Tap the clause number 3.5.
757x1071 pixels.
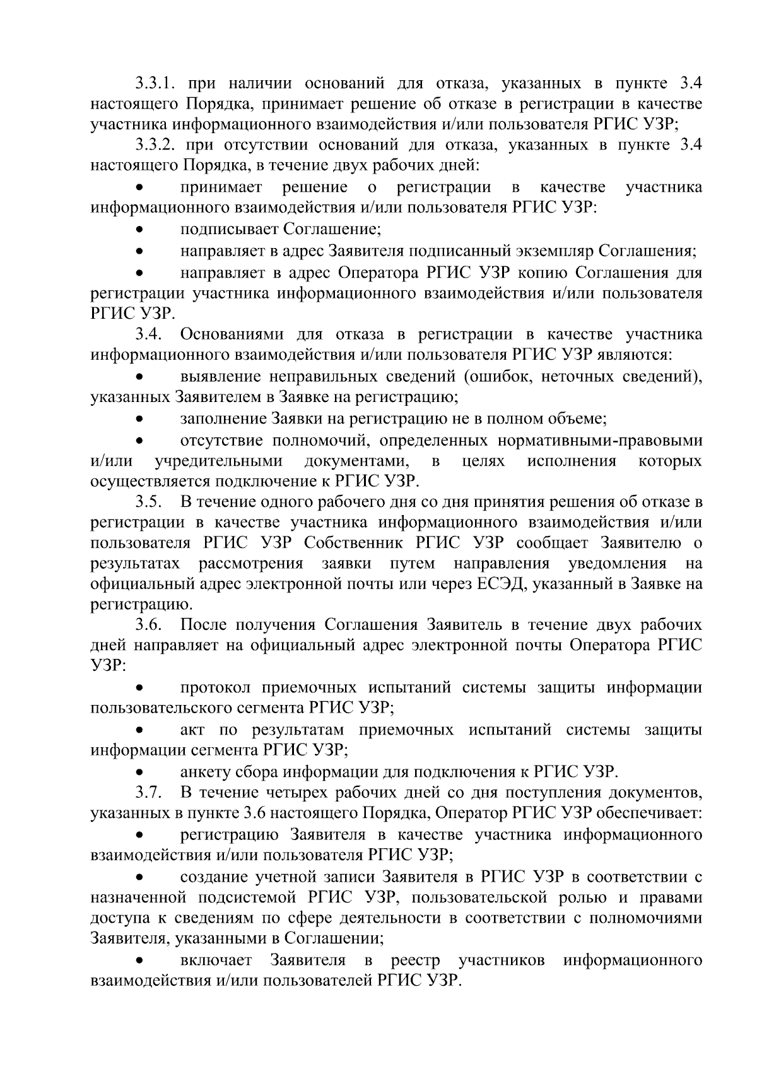tap(150, 502)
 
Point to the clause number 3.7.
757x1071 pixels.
tap(150, 792)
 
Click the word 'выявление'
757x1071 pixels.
tap(220, 377)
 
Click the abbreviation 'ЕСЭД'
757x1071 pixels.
tap(504, 584)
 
